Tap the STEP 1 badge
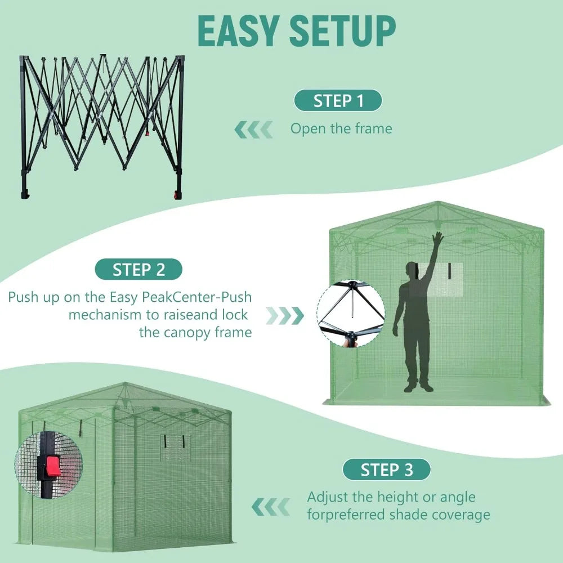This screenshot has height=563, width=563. pos(338,101)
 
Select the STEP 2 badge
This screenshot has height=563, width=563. pos(138,269)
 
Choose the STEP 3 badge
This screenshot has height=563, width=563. pos(386,469)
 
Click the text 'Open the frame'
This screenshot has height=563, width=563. pos(341,128)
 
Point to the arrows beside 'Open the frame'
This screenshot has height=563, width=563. pos(253,129)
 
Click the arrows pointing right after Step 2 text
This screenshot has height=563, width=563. pos(285,315)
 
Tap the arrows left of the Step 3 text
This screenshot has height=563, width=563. pos(270,507)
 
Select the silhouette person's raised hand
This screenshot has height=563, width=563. pos(437,238)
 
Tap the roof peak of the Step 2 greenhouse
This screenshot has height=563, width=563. pos(438,204)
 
